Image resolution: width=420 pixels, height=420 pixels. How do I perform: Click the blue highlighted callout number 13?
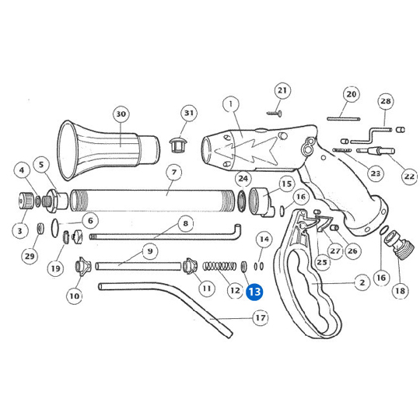click(x=254, y=292)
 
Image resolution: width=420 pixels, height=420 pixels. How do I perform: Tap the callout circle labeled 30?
click(x=121, y=114)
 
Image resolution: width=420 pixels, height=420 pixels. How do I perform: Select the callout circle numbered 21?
click(x=282, y=90)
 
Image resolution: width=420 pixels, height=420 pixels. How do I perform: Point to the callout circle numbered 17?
click(x=261, y=317)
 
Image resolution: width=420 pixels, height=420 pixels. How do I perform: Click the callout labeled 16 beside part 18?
click(x=381, y=278)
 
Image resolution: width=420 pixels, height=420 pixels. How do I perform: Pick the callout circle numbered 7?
click(x=174, y=172)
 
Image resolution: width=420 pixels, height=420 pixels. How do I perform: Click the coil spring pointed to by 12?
click(x=219, y=266)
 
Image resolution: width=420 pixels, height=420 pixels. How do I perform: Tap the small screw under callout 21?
click(x=275, y=114)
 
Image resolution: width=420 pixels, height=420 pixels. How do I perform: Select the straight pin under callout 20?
click(x=344, y=119)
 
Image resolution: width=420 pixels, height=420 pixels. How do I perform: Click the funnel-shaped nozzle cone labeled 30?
click(x=108, y=150)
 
